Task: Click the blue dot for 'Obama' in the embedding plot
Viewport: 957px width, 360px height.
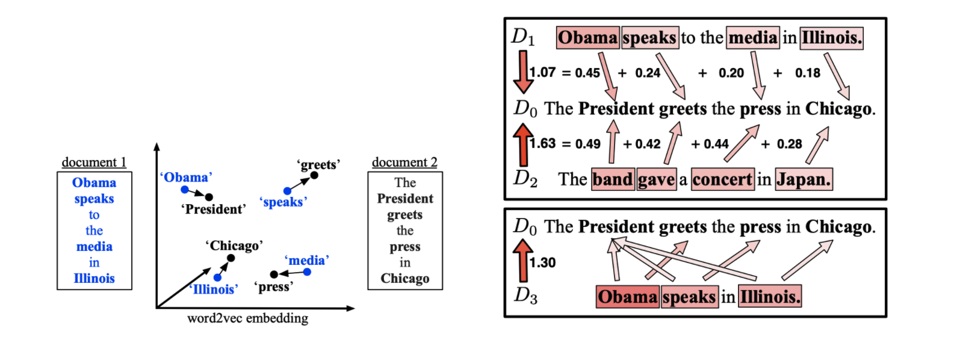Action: click(x=185, y=190)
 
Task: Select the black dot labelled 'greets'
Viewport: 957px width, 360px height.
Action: click(x=314, y=175)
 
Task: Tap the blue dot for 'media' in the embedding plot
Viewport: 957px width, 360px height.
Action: click(x=307, y=272)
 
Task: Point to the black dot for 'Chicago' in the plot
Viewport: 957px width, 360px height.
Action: click(x=231, y=258)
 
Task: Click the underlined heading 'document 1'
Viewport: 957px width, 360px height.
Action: click(x=94, y=163)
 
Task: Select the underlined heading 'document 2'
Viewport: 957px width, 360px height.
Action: click(x=404, y=163)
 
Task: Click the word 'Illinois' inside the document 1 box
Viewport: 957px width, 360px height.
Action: click(x=94, y=278)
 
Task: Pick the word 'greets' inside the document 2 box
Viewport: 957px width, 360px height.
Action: click(x=404, y=215)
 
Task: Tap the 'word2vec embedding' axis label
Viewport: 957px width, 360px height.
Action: click(x=247, y=318)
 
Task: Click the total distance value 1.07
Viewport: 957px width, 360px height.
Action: click(x=542, y=73)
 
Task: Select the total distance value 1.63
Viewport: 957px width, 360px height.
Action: click(x=542, y=144)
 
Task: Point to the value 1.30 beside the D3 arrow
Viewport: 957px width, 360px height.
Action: click(x=542, y=262)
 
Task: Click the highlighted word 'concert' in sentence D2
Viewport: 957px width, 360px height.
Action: click(x=722, y=179)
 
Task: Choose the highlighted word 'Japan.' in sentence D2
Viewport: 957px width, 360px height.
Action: click(x=804, y=179)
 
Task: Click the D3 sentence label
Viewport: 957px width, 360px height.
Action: click(x=525, y=296)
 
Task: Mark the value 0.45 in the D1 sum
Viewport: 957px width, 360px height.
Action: click(x=587, y=73)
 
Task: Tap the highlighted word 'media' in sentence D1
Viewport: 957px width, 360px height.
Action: click(x=753, y=38)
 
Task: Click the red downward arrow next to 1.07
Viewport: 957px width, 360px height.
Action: click(x=522, y=72)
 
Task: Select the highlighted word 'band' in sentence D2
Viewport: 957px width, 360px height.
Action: click(x=613, y=179)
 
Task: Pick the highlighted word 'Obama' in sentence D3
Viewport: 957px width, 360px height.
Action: click(x=627, y=297)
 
